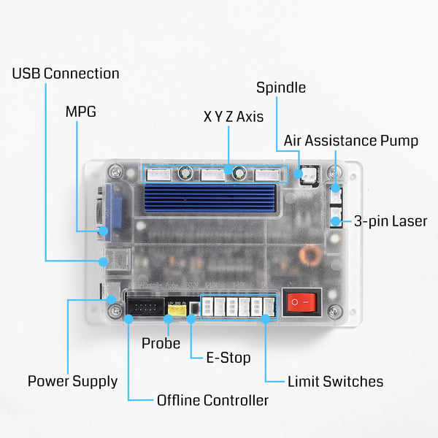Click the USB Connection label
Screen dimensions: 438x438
pos(66,74)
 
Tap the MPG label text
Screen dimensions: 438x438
pos(81,112)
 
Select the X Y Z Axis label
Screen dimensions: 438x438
pos(233,117)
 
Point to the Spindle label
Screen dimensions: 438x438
pos(281,88)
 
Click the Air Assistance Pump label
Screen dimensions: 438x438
pos(351,140)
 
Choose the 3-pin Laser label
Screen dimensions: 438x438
pos(391,221)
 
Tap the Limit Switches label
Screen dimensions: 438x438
pos(335,381)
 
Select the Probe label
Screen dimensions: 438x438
pos(161,343)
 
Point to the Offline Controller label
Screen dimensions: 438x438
pos(212,400)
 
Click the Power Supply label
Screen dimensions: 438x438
pos(72,381)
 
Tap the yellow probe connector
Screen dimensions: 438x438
pos(175,309)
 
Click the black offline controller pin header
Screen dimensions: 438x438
pos(145,305)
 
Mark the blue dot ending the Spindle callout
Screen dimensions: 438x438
pos(299,174)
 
